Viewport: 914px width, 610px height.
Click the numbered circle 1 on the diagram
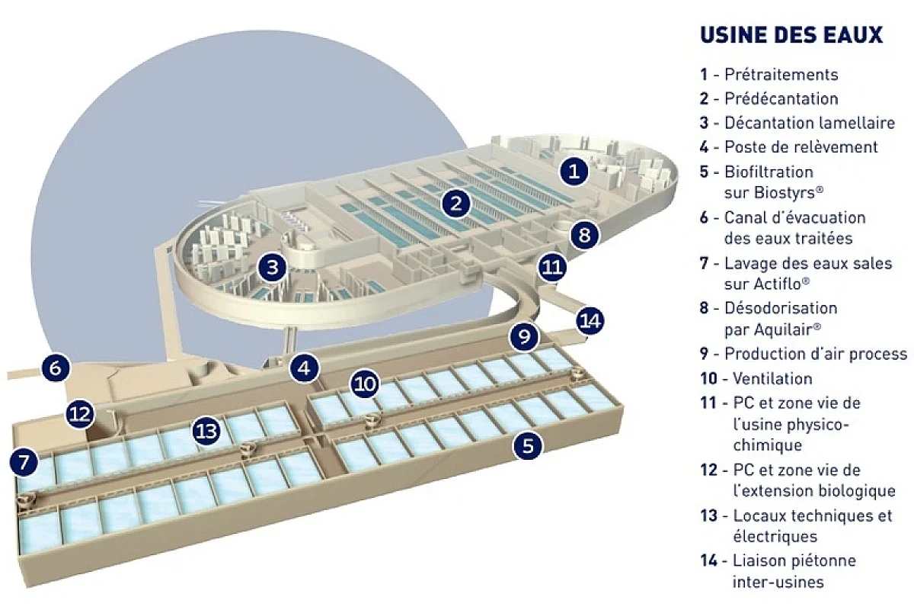[x=574, y=171]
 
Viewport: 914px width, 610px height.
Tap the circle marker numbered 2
[x=455, y=204]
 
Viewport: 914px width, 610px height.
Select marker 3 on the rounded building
[x=272, y=268]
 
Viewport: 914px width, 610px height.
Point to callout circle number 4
[x=305, y=368]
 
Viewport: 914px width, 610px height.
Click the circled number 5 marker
[x=528, y=445]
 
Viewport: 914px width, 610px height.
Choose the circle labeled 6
[x=56, y=368]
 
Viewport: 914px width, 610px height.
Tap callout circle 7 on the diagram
[x=24, y=462]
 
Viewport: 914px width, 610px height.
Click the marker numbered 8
[x=585, y=235]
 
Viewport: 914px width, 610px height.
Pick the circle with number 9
[x=524, y=336]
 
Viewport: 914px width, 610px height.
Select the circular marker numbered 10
[x=365, y=384]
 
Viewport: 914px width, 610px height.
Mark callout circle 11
[x=552, y=268]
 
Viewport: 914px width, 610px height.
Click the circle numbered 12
[x=80, y=414]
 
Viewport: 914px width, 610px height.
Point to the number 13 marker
[x=206, y=431]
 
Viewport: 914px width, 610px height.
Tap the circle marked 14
[x=590, y=321]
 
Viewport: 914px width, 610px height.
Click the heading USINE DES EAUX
[x=791, y=35]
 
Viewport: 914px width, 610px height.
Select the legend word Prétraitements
[x=781, y=75]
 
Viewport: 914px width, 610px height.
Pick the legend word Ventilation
[x=772, y=378]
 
